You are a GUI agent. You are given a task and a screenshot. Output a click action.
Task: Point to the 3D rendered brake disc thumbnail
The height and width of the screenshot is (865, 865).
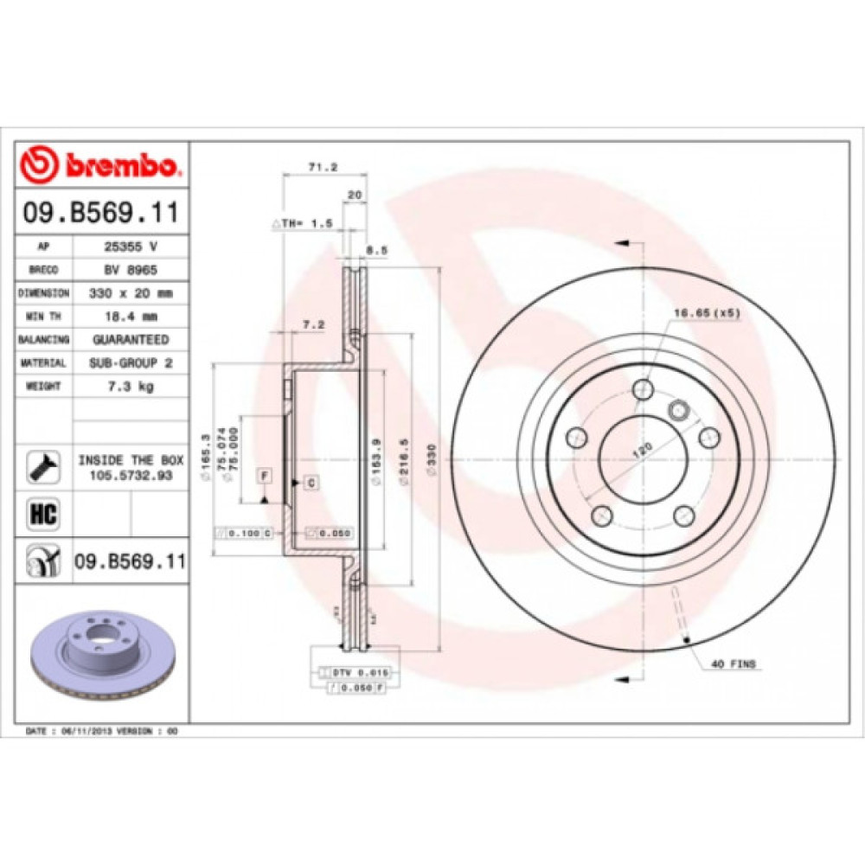tap(102, 650)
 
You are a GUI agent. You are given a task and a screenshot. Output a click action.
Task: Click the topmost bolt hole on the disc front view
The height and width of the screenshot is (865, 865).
tap(642, 390)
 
